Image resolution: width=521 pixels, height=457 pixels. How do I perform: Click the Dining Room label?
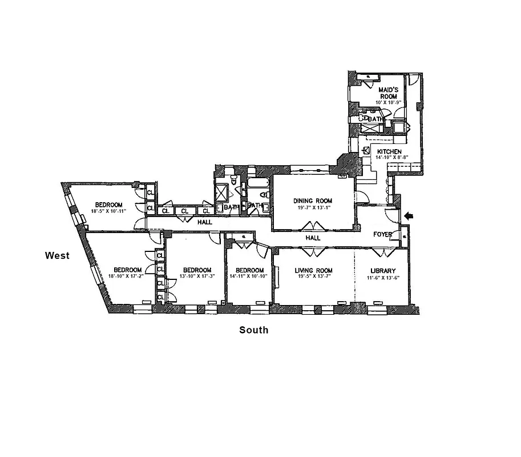(x=312, y=201)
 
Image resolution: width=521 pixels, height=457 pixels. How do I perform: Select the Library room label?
(x=382, y=270)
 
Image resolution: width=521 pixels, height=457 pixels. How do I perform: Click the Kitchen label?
(x=389, y=151)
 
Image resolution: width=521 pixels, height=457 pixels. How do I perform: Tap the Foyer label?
(x=382, y=234)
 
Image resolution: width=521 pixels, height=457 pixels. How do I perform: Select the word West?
(x=58, y=255)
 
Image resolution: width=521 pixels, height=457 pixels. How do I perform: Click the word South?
(x=253, y=330)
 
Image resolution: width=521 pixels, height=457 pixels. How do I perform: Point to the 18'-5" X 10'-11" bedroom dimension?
(x=107, y=211)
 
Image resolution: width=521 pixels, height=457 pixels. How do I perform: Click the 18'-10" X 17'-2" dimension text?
(x=127, y=276)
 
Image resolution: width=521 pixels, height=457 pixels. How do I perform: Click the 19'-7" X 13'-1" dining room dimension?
(x=312, y=207)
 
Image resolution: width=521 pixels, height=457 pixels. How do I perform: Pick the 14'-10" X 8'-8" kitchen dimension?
(x=391, y=158)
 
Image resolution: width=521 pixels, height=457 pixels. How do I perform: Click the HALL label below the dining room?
(x=312, y=238)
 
